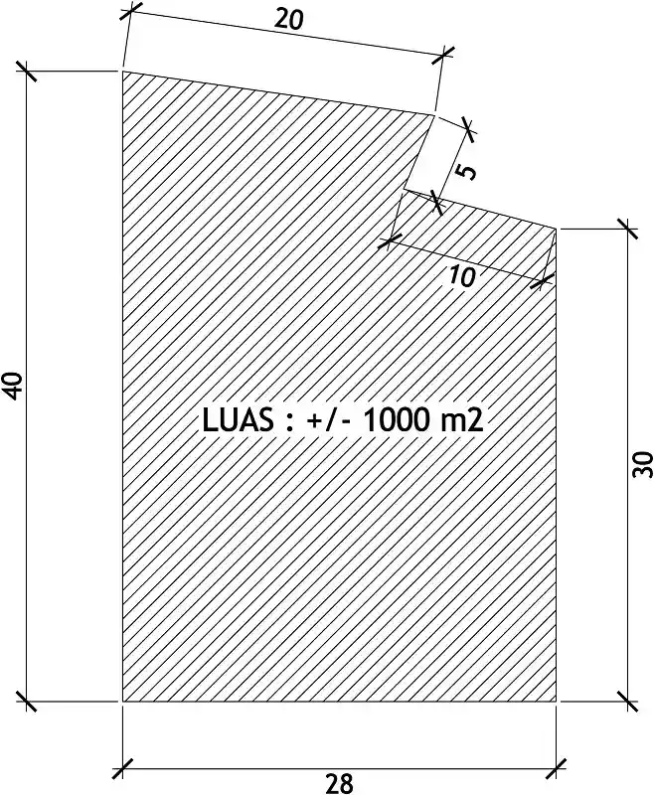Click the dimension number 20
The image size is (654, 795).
(x=289, y=19)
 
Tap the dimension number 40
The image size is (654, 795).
(x=14, y=386)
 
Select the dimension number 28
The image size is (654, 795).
(x=339, y=783)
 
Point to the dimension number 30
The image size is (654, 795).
(x=642, y=464)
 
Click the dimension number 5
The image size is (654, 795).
(x=466, y=170)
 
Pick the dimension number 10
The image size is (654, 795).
(x=462, y=276)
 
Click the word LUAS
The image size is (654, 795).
(x=238, y=420)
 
